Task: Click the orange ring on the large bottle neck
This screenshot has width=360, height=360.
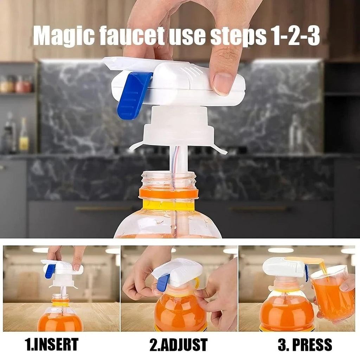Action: (x=168, y=193)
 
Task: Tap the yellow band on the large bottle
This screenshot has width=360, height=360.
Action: (x=168, y=205)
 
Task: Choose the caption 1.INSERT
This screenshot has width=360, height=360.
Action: (x=52, y=345)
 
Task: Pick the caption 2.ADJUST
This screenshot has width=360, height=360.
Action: (x=179, y=345)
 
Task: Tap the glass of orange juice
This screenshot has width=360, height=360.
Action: (x=332, y=295)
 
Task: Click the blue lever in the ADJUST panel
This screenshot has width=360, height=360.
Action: (x=163, y=282)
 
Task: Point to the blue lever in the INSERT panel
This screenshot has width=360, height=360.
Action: (x=50, y=271)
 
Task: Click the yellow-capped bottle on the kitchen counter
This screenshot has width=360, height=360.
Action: (x=24, y=135)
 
